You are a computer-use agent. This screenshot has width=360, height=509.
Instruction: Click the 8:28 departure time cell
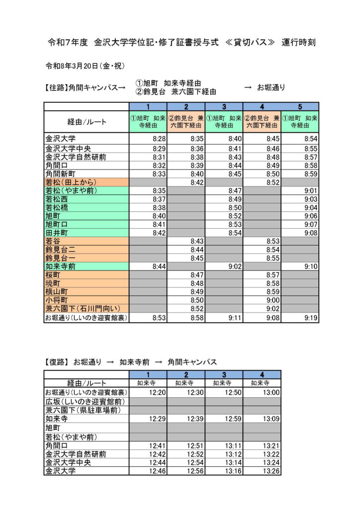[x=159, y=139]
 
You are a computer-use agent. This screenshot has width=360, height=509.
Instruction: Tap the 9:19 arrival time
[x=310, y=318]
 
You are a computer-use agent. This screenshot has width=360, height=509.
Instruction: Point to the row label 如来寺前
[x=61, y=266]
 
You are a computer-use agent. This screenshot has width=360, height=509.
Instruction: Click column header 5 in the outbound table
[x=300, y=106]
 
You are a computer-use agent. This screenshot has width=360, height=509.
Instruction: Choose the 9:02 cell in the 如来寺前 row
[x=235, y=266]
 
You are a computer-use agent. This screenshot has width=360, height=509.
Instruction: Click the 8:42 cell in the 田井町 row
[x=159, y=233]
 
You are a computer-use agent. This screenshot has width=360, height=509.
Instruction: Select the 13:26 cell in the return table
[x=270, y=470]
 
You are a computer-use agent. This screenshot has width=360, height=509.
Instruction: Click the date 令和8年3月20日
[x=72, y=66]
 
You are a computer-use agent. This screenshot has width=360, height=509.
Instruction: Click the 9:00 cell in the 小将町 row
[x=272, y=300]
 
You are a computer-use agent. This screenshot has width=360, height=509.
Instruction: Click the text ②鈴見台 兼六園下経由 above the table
[x=176, y=91]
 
